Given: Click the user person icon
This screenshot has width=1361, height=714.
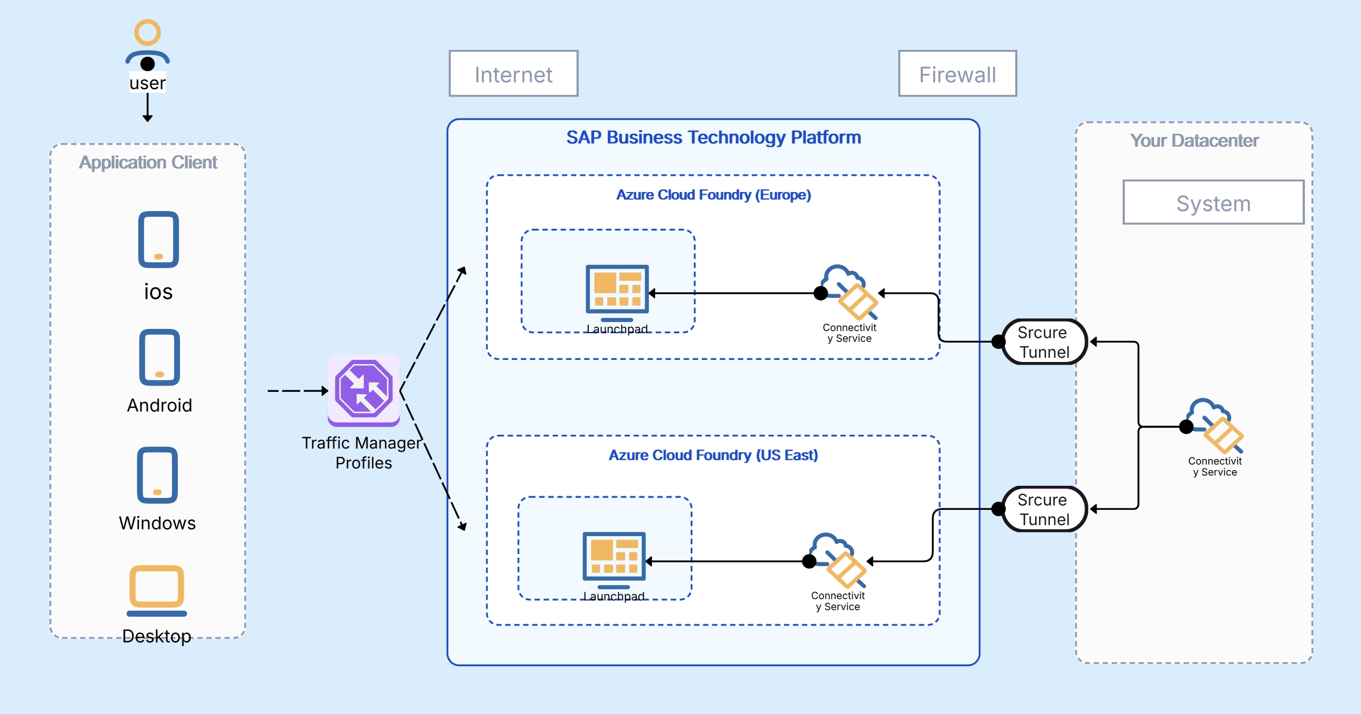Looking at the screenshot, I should point(147,45).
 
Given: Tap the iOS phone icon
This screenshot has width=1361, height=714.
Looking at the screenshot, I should point(159,240).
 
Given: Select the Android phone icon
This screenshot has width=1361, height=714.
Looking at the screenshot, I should point(159,358).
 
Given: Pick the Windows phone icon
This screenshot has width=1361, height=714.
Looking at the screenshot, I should point(157,475).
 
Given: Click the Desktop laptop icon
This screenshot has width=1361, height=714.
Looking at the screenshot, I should point(157,590).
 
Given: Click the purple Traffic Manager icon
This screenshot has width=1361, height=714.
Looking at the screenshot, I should point(364,390).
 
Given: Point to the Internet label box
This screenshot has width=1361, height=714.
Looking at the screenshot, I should point(513,74).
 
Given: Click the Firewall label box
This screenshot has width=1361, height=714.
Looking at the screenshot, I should point(957,74).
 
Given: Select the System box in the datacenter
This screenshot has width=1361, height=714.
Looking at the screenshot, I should point(1212,203).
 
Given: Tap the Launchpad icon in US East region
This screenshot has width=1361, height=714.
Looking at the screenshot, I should point(614,559).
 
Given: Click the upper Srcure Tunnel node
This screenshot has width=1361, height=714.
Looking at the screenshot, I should point(1044,342).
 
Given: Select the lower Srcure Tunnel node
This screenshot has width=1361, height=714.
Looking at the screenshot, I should point(1044,509).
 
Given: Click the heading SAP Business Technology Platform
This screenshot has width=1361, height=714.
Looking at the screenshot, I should point(713,137).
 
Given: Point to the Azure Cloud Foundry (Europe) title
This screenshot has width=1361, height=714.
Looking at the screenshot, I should point(713,195).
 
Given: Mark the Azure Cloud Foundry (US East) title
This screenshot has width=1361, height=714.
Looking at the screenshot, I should point(713,455).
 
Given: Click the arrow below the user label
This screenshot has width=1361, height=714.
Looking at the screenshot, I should point(147,108).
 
